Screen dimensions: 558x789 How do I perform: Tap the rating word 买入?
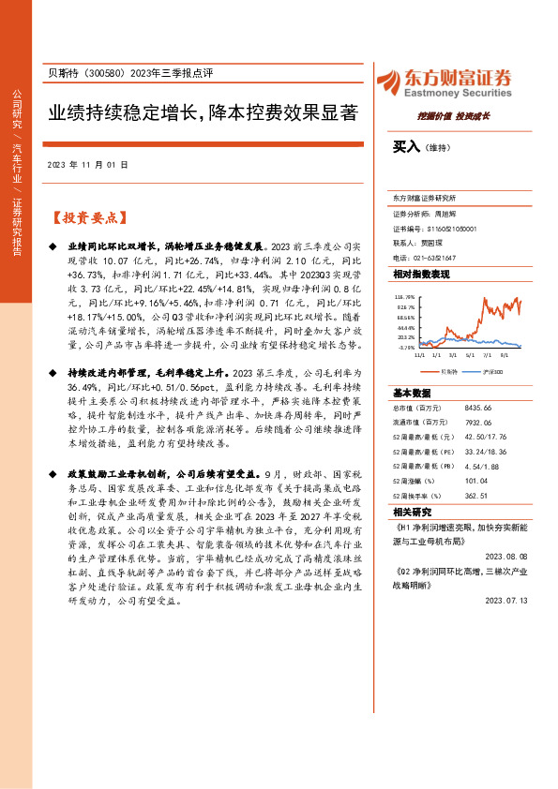tap(404, 146)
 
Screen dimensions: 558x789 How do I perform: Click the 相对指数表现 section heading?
tap(421, 274)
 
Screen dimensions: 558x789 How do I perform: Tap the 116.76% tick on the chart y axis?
tap(405, 296)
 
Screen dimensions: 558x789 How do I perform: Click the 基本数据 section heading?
tap(412, 392)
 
